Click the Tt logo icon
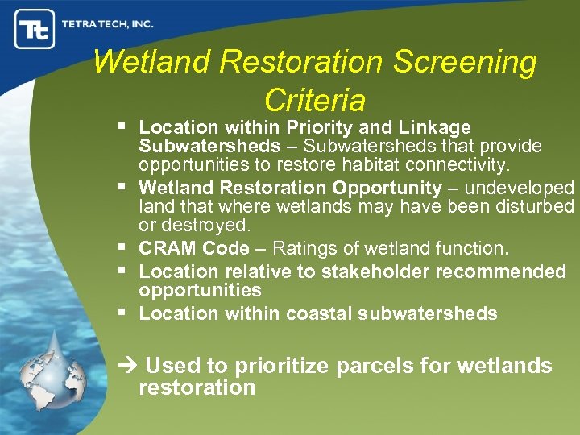34,29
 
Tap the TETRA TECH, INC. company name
107,24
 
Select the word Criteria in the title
314,100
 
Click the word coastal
317,313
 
